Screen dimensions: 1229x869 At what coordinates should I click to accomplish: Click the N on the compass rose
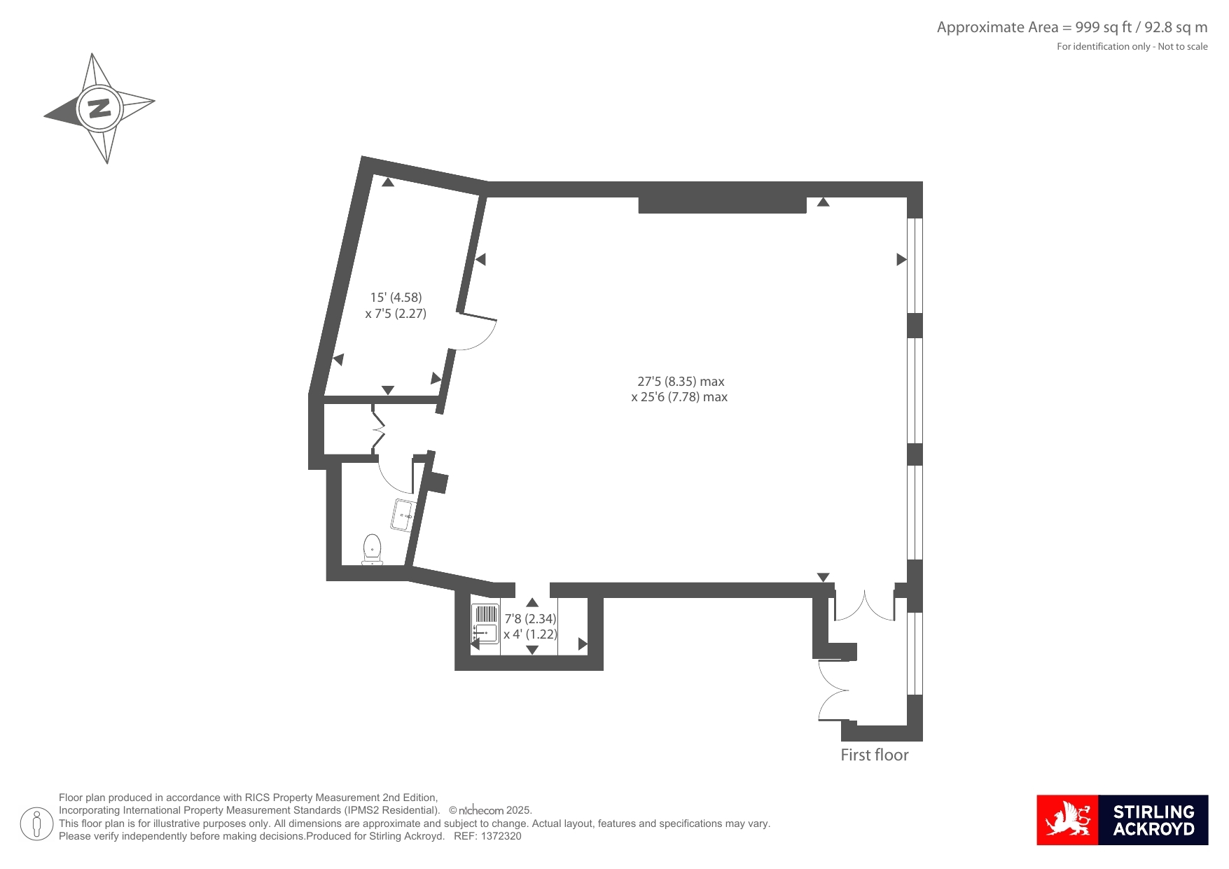point(99,109)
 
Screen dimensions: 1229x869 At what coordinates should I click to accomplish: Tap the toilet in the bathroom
point(372,549)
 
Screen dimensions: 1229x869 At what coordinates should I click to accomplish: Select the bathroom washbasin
point(404,515)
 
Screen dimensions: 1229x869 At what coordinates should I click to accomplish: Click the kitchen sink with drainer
point(485,624)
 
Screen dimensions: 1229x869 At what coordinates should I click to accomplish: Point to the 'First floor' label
point(875,755)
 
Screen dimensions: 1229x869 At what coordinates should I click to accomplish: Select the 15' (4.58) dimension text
point(396,298)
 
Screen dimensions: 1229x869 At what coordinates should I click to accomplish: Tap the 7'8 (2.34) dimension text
point(531,619)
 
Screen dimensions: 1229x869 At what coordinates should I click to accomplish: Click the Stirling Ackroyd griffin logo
point(1068,820)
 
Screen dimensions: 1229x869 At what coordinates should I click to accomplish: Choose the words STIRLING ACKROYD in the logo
point(1153,821)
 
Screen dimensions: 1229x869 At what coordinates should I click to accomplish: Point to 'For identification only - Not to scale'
point(1132,47)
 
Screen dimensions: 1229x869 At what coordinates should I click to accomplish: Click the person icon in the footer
point(36,823)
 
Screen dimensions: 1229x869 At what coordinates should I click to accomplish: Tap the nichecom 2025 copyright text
point(490,810)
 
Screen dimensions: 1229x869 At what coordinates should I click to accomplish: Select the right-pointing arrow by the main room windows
point(902,260)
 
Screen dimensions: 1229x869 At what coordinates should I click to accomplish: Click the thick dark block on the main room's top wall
point(723,205)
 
